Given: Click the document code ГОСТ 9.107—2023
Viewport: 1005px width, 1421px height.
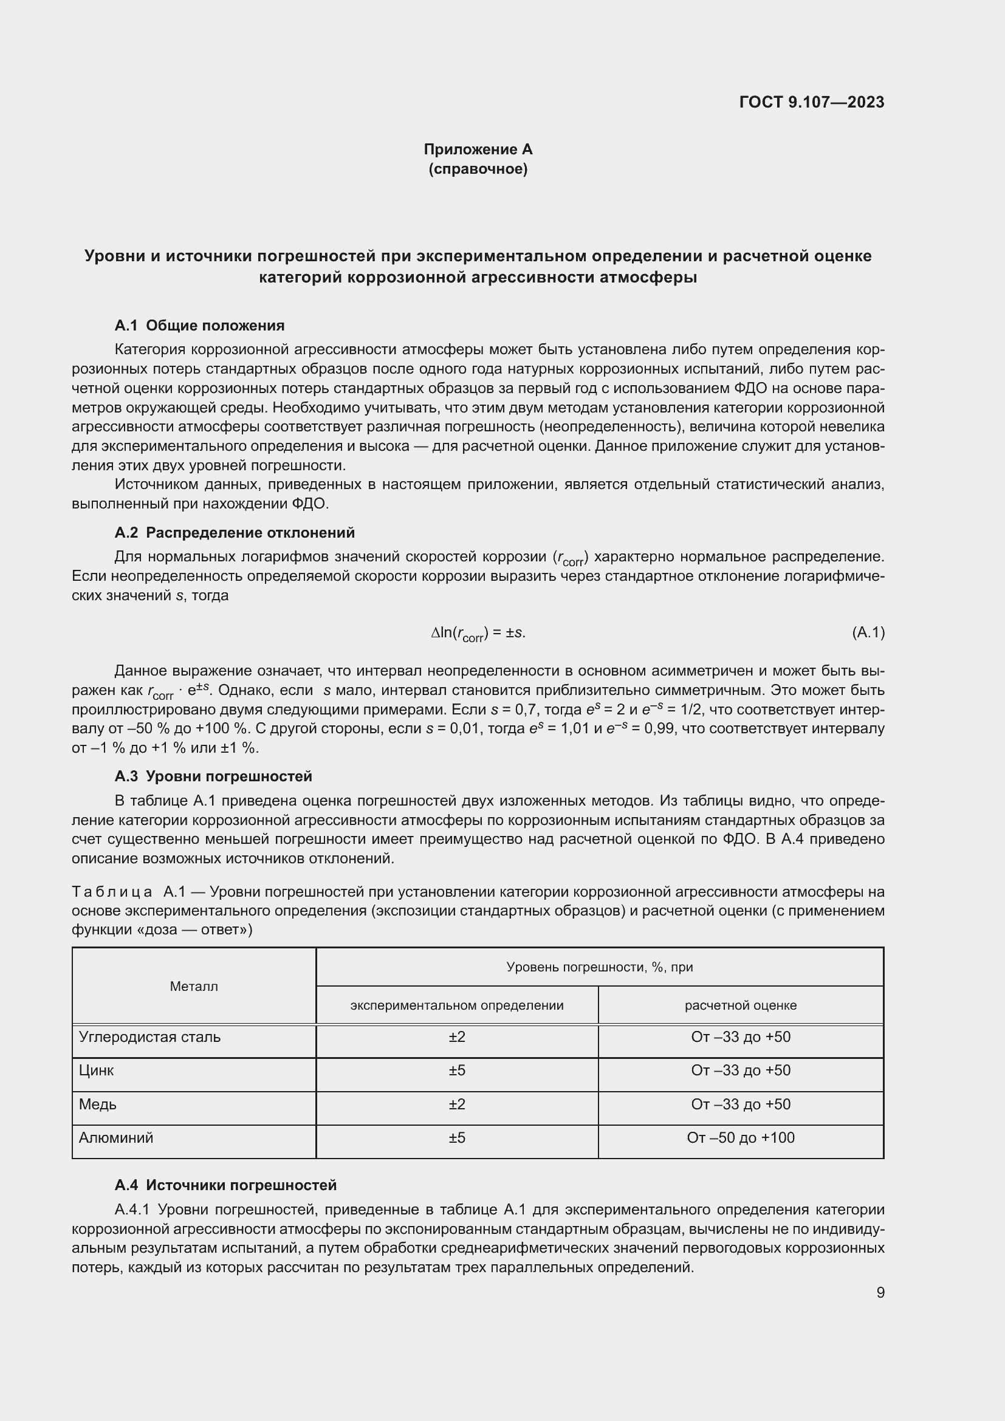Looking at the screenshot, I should [x=811, y=102].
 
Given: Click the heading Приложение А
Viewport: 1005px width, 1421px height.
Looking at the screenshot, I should [x=478, y=149].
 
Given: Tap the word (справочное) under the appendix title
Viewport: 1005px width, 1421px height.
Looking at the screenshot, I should [x=478, y=169].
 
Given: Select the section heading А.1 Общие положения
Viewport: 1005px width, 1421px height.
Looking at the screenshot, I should [x=199, y=326].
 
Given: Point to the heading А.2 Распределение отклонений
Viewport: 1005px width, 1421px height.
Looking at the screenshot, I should [x=235, y=533].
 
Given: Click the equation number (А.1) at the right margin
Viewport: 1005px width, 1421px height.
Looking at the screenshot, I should [x=868, y=632].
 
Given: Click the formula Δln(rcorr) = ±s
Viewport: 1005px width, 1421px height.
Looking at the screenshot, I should [x=478, y=633].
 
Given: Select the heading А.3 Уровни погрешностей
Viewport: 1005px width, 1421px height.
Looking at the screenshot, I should [x=213, y=776].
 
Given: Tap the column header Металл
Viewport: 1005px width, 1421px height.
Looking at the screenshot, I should [x=194, y=987].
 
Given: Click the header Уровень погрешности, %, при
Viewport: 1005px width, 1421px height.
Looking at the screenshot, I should [x=599, y=967].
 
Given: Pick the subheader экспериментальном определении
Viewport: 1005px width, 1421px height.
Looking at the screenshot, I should [x=457, y=1005].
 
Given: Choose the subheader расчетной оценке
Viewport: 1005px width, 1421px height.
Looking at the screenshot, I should [x=740, y=1005].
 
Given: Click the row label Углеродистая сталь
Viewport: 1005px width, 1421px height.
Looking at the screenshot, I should [x=149, y=1037].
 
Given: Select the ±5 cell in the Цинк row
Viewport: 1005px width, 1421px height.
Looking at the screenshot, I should [x=457, y=1070].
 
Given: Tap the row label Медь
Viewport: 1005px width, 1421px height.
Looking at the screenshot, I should [x=97, y=1104].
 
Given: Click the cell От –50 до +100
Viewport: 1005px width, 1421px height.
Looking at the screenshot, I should [x=740, y=1137].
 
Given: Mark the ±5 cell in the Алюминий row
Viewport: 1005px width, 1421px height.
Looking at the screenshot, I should [x=457, y=1137].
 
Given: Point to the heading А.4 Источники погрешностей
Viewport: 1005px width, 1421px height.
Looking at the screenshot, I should [x=225, y=1185].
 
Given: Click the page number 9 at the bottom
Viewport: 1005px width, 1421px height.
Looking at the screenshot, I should [x=880, y=1293].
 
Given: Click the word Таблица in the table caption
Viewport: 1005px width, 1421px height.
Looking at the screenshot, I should [x=112, y=892].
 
